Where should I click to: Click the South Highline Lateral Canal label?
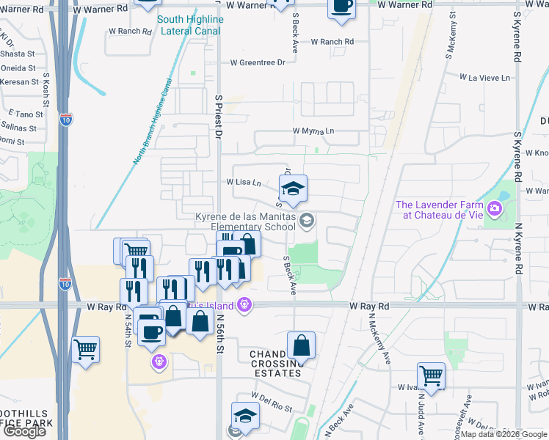189,26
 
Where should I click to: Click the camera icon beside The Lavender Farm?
495,210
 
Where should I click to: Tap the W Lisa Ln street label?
244,182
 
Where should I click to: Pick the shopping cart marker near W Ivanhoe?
431,376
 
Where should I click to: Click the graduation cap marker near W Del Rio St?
245,415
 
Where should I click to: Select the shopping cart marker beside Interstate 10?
86,349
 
